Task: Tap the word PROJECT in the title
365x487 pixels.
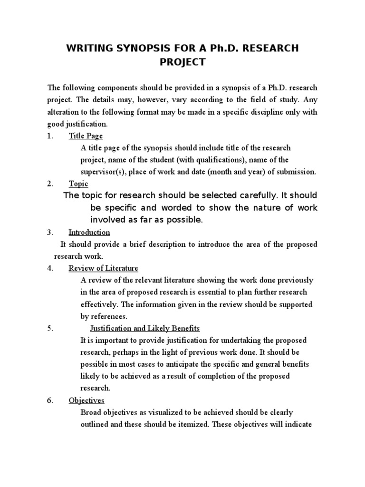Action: coord(182,62)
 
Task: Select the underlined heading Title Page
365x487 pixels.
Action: coord(86,136)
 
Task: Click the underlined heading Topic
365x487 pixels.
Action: coord(78,184)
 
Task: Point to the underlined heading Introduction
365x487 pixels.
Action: coord(89,233)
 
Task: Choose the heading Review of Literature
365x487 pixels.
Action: coord(103,268)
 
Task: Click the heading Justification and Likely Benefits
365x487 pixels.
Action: coord(145,329)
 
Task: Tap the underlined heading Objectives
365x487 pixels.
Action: coord(86,400)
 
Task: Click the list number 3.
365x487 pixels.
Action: coord(50,233)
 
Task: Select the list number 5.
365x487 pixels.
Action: coord(50,329)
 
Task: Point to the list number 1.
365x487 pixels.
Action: coord(50,136)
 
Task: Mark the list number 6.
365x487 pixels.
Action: coord(50,400)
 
